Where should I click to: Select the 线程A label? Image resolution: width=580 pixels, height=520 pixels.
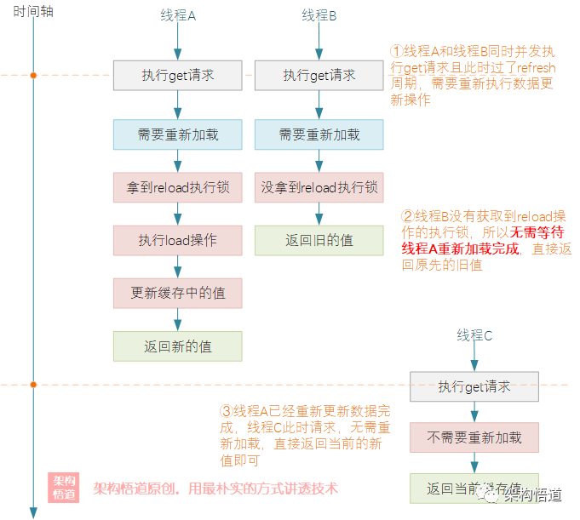click(x=178, y=16)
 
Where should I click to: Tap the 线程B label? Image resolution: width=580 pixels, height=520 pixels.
click(x=319, y=16)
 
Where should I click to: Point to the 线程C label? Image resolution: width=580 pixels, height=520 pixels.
click(x=474, y=335)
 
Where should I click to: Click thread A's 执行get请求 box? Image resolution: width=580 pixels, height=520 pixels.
click(x=178, y=76)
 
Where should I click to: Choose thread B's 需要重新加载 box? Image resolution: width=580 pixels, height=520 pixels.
click(x=319, y=134)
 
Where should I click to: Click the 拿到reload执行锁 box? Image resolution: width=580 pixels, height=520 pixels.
click(x=178, y=187)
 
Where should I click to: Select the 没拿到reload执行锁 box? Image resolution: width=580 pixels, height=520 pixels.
click(x=319, y=187)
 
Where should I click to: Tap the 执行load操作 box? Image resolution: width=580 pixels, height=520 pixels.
click(x=178, y=240)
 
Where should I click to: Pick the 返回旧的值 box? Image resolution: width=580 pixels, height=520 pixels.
click(x=319, y=240)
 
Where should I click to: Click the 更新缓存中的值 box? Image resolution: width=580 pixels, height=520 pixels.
click(x=178, y=293)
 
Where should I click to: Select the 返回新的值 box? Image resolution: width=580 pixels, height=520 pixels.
click(x=178, y=346)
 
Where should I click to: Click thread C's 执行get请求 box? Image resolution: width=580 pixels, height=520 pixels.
click(x=474, y=386)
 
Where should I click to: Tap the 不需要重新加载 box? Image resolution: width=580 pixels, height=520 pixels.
click(x=474, y=437)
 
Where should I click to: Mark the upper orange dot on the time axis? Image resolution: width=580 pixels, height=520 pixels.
click(x=34, y=76)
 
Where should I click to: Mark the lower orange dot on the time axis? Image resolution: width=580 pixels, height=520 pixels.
click(x=34, y=385)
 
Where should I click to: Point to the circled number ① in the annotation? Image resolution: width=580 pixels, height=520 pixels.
click(x=396, y=51)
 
